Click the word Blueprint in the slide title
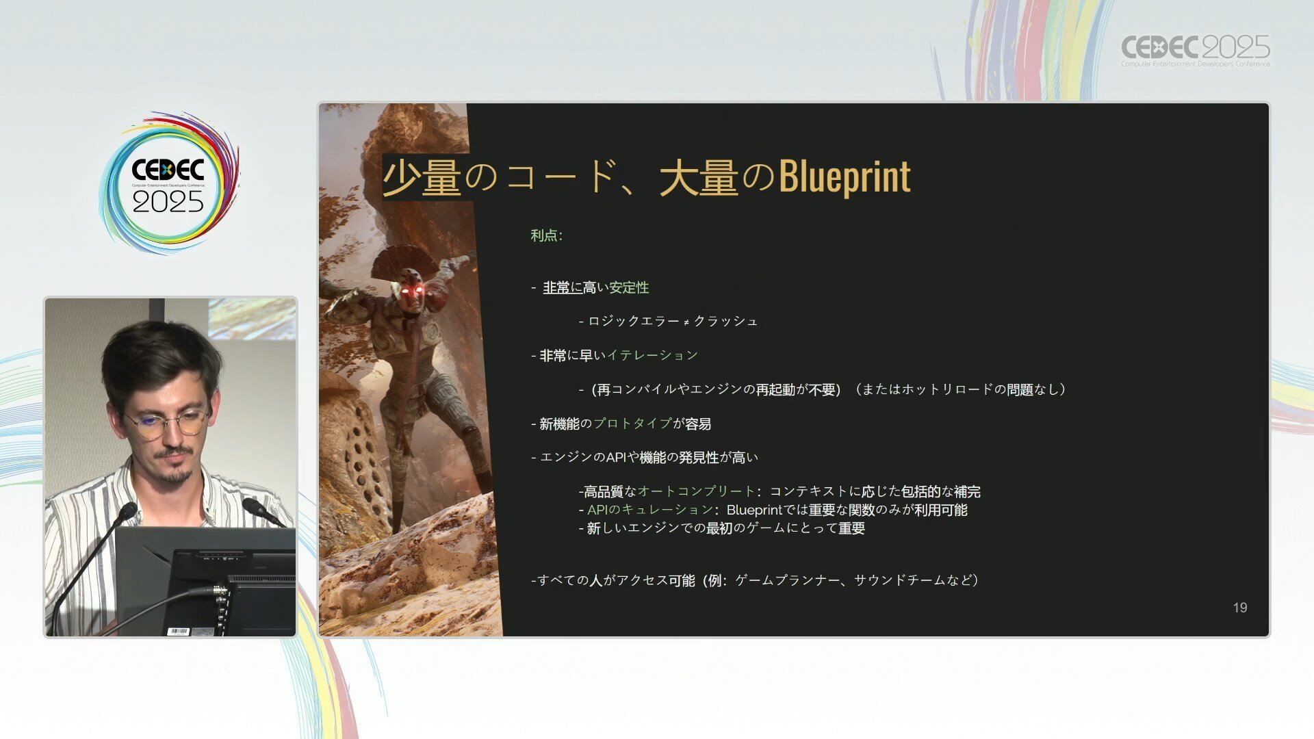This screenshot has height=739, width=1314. tap(845, 177)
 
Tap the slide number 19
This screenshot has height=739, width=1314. tap(1240, 608)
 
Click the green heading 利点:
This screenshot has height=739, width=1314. tap(546, 235)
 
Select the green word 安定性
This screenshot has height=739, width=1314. tap(629, 287)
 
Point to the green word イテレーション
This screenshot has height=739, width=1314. tap(652, 355)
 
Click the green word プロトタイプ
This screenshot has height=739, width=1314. tap(632, 424)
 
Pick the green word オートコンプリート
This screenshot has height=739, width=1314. tap(696, 491)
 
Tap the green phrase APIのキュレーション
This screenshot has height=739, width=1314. tap(650, 510)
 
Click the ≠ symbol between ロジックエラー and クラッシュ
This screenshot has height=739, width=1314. tap(686, 322)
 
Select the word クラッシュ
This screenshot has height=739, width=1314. tap(725, 321)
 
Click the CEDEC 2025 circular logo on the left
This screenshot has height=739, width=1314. tap(169, 183)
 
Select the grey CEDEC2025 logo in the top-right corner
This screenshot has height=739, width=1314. tap(1195, 50)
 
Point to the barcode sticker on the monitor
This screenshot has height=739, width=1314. tap(178, 631)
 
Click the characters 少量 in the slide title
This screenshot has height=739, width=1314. tap(422, 177)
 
